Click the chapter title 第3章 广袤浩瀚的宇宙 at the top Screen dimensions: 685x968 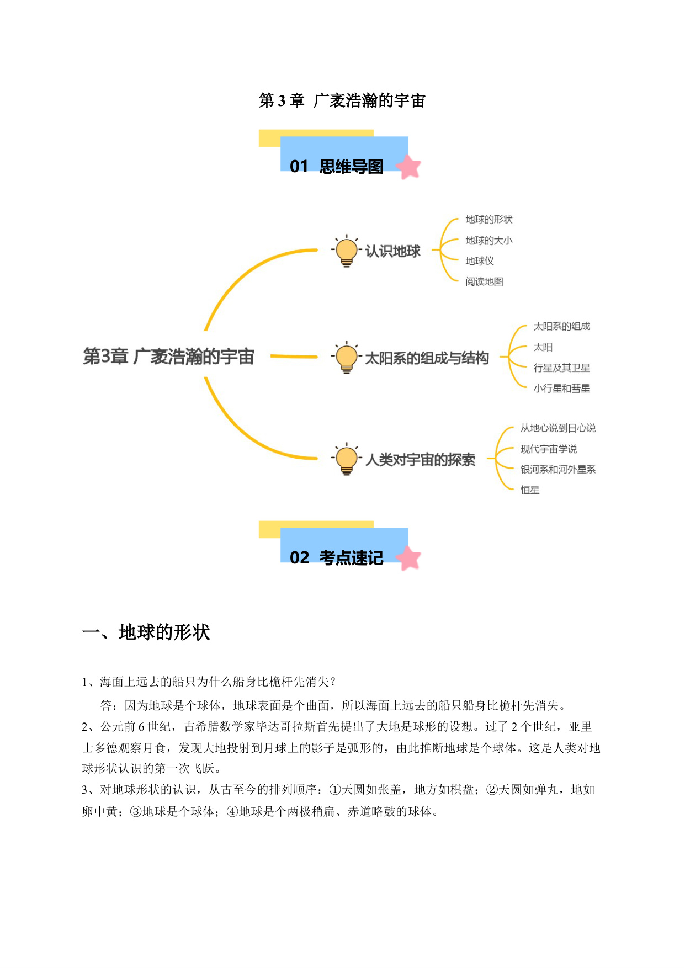click(342, 100)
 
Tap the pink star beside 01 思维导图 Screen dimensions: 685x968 click(408, 167)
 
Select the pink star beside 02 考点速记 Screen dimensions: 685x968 click(408, 558)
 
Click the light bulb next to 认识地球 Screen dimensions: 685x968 click(347, 251)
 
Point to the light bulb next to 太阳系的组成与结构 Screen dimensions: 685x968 click(347, 358)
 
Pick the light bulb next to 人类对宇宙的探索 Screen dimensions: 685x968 click(347, 459)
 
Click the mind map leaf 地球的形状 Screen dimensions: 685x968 click(488, 220)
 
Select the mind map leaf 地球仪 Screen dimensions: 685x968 click(479, 261)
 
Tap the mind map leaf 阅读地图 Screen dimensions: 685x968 click(484, 281)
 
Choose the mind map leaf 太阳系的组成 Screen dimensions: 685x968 click(561, 326)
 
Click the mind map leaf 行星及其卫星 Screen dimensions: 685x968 click(561, 368)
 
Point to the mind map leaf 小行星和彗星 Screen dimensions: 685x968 click(561, 389)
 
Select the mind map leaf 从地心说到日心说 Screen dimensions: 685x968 click(557, 428)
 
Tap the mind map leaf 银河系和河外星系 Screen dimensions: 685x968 click(557, 469)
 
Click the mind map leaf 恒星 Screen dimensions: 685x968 click(529, 490)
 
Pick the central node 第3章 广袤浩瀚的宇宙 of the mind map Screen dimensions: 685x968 click(168, 357)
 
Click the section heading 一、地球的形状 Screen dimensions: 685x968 click(146, 632)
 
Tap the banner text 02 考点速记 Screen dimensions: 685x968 click(336, 558)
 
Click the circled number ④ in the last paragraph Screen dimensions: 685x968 click(232, 812)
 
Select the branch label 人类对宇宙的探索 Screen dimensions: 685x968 click(420, 460)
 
